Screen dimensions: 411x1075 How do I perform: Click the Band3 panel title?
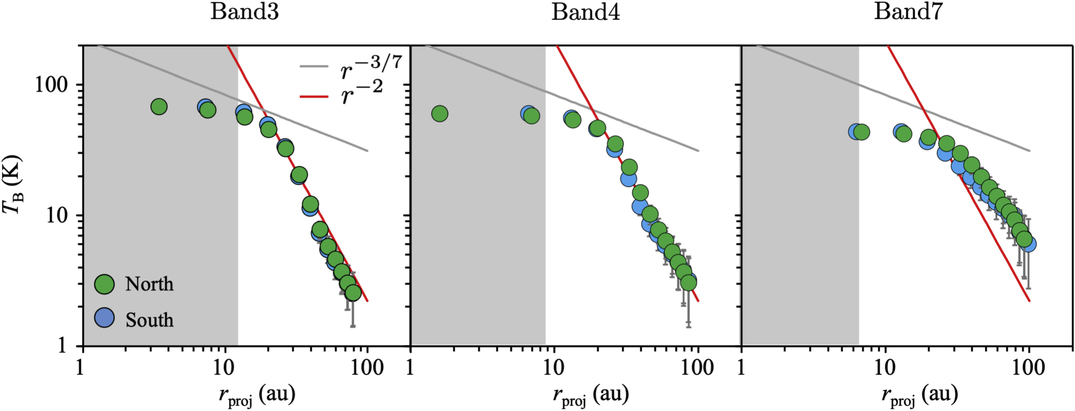244,11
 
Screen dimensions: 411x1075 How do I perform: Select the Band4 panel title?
585,11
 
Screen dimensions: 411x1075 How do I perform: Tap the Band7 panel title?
908,11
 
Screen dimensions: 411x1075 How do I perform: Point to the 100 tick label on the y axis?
51,85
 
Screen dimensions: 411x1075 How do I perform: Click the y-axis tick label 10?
57,215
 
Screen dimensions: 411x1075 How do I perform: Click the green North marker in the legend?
105,284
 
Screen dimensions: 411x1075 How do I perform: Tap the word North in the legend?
150,284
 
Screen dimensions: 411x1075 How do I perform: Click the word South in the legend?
150,320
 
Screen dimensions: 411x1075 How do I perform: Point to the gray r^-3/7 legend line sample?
315,66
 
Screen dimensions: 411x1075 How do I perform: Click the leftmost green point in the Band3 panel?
159,107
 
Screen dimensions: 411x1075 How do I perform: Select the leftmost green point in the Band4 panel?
439,114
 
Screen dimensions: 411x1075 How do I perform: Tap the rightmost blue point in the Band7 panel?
1028,244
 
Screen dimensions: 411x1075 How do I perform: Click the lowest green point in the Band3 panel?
353,293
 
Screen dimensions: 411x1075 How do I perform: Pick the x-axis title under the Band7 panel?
919,394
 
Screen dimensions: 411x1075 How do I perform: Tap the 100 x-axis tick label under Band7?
1029,367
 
